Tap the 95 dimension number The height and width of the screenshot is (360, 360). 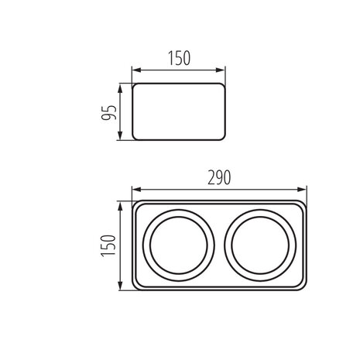110,112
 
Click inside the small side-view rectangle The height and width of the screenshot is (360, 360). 179,112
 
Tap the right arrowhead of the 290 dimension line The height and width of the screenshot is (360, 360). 305,189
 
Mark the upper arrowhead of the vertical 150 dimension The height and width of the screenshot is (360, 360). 121,204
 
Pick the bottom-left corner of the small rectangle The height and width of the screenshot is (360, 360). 134,139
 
